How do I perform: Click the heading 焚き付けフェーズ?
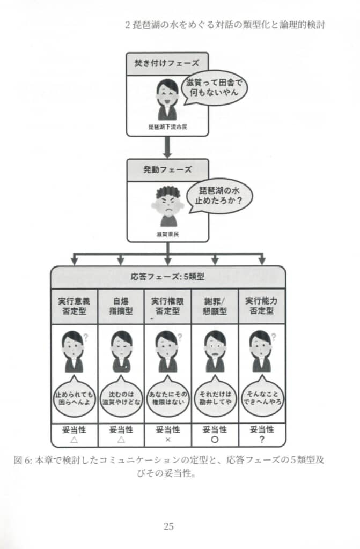click(166, 63)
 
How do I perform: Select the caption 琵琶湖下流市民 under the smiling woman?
click(167, 127)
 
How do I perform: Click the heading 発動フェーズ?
click(167, 169)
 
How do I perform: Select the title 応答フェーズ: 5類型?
click(167, 277)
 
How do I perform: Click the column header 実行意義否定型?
click(74, 306)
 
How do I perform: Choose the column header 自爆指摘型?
click(121, 306)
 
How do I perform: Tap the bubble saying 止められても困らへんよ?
click(74, 398)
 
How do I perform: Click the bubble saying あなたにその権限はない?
click(167, 398)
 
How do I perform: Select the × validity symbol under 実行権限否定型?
click(167, 439)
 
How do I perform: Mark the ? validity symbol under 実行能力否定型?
click(262, 439)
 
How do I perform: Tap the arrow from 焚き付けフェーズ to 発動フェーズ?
click(167, 146)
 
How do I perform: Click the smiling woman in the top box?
click(167, 99)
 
